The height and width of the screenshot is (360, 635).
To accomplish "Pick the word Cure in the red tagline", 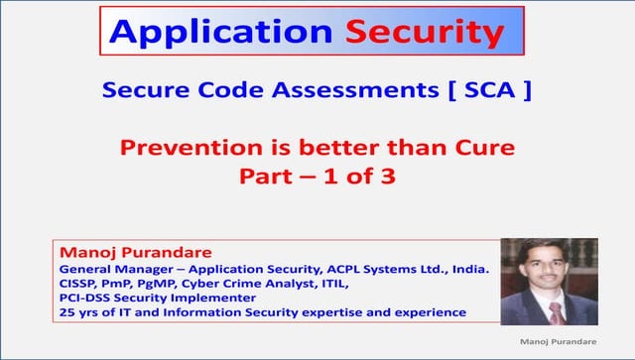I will pos(481,150).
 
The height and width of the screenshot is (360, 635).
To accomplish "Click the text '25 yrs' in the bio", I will pos(78,312).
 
